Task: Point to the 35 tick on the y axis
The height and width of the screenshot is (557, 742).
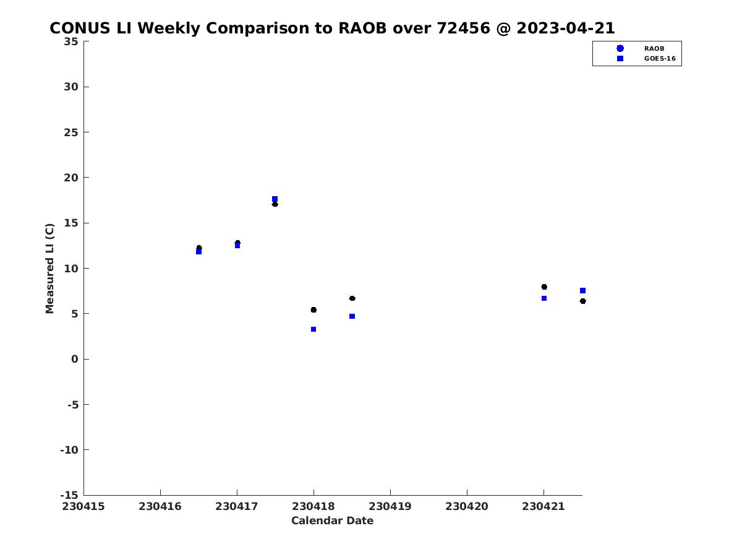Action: point(71,41)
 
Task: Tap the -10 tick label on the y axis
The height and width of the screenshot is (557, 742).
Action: point(69,450)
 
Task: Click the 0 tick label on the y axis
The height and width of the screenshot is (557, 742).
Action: point(75,359)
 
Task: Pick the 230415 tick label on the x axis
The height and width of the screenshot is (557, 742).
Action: point(83,507)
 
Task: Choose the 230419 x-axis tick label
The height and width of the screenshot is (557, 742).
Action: point(390,507)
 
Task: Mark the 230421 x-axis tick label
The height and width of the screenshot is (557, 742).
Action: point(544,507)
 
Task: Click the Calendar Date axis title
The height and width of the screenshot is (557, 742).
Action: point(332,521)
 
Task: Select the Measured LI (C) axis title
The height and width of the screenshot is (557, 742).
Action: point(49,269)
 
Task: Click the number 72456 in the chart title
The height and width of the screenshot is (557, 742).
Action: point(464,28)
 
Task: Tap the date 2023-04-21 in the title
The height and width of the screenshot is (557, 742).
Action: point(566,28)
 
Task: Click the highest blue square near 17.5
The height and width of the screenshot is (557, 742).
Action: point(275,199)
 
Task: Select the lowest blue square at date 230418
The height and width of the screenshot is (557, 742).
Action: point(313,329)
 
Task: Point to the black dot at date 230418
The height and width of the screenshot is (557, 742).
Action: point(313,310)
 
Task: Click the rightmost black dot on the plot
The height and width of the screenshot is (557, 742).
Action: point(583,301)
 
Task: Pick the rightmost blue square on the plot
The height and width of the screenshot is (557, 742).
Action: point(583,290)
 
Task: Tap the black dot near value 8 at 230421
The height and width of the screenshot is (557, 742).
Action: point(544,287)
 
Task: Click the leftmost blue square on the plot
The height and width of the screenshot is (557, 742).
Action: point(198,252)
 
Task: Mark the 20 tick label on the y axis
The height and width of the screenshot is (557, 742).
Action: point(71,178)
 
